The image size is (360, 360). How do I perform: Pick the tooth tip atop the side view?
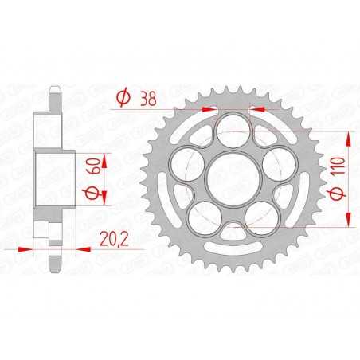pyautogui.click(x=54, y=88)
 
